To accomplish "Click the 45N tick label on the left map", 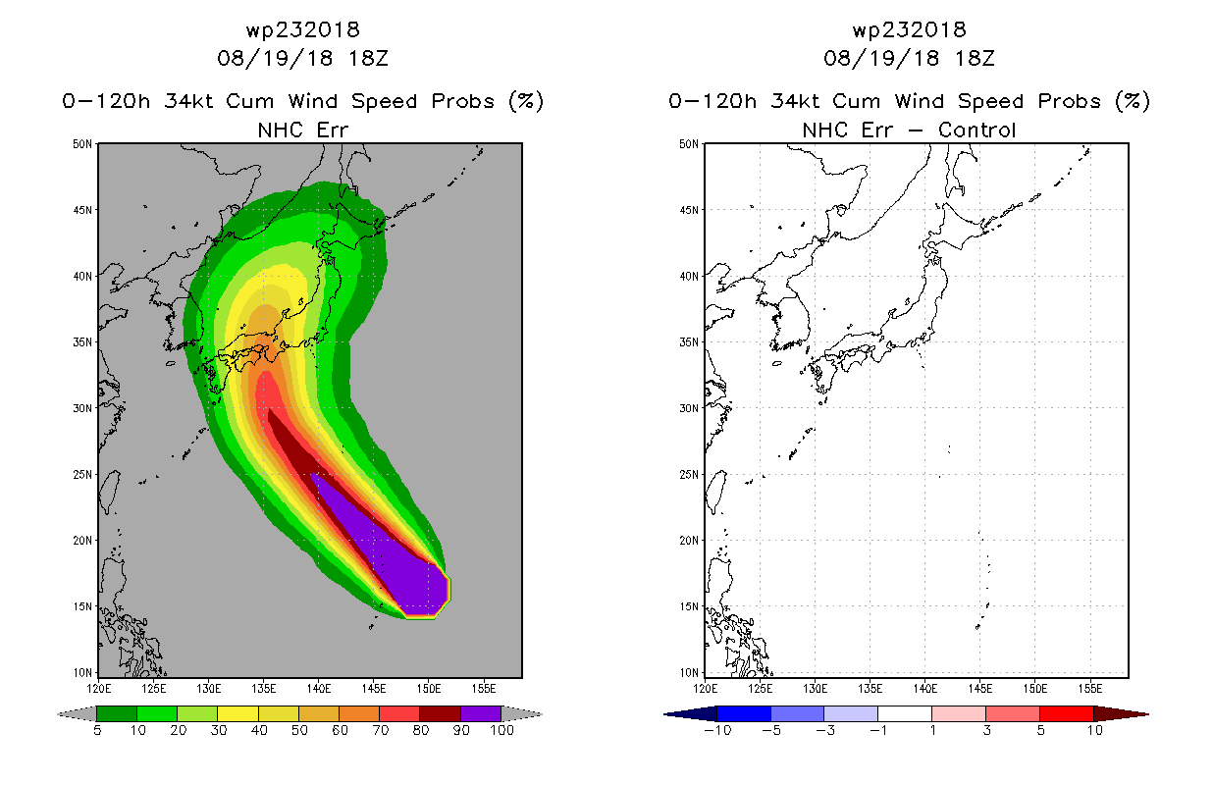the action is coord(82,210).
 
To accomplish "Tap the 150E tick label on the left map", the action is coord(428,689).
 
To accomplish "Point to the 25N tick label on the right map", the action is coord(689,474).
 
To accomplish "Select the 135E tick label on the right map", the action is coord(870,689).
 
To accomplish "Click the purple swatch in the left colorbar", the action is coord(481,713).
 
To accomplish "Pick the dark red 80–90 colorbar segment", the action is coord(441,713).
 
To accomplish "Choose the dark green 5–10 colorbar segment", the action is coord(117,713).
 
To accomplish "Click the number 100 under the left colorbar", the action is coord(501,730).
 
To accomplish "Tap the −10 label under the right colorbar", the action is coord(717,730).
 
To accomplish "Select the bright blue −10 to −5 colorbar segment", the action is coord(744,713).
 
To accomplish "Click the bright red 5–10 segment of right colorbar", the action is coord(1067,713).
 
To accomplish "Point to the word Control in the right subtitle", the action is coord(976,130).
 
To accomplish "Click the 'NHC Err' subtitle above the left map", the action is coord(302,130).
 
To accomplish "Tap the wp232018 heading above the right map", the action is coord(909,30).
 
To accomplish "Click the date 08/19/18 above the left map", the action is coord(275,58).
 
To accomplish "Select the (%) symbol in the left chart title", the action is coord(526,101).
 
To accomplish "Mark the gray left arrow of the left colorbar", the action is coord(77,714).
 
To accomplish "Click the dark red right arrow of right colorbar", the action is coord(1121,714).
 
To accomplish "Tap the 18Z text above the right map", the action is coord(975,58).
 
